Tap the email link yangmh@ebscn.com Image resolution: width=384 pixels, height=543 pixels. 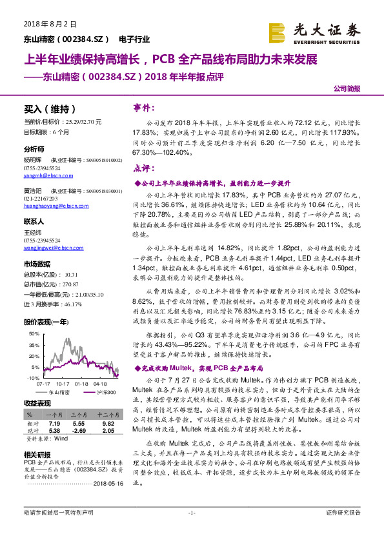point(46,175)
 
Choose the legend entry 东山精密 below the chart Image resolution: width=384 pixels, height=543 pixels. point(59,392)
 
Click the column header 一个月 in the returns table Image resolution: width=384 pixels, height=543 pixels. point(54,414)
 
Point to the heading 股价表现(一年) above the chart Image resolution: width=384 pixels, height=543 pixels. point(46,321)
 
